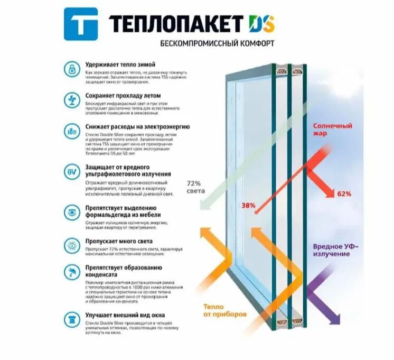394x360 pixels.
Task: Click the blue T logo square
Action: coord(80,24)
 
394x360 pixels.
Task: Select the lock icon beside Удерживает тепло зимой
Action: coord(71,68)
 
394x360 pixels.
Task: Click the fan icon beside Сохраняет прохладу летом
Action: coord(71,99)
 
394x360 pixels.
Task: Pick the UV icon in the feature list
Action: coord(71,172)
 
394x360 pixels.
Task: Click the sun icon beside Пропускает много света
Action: coord(71,245)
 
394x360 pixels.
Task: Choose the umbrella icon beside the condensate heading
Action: coord(71,273)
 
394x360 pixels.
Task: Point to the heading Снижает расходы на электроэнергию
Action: coord(137,127)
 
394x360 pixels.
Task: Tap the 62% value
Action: coord(344,194)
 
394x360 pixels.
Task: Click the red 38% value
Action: coord(249,205)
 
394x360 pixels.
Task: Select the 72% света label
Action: coord(195,187)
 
